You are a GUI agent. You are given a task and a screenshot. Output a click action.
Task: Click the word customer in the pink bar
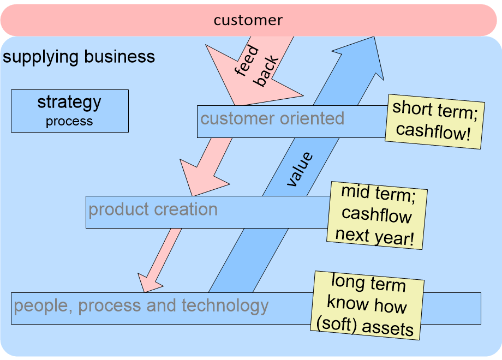(248, 21)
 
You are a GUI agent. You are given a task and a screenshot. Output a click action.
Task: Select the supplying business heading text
(79, 57)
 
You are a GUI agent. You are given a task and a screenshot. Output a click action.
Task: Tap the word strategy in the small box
(69, 102)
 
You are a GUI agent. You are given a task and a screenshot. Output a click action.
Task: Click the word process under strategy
(69, 121)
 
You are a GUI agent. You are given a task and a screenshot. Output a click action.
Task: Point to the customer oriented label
(272, 119)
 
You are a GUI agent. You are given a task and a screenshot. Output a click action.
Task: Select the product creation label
(153, 210)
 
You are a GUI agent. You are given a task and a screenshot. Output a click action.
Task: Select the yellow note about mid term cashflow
(376, 215)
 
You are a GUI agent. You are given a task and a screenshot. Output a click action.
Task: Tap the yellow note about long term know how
(368, 305)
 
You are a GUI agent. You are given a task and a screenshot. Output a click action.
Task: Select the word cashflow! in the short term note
(433, 131)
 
